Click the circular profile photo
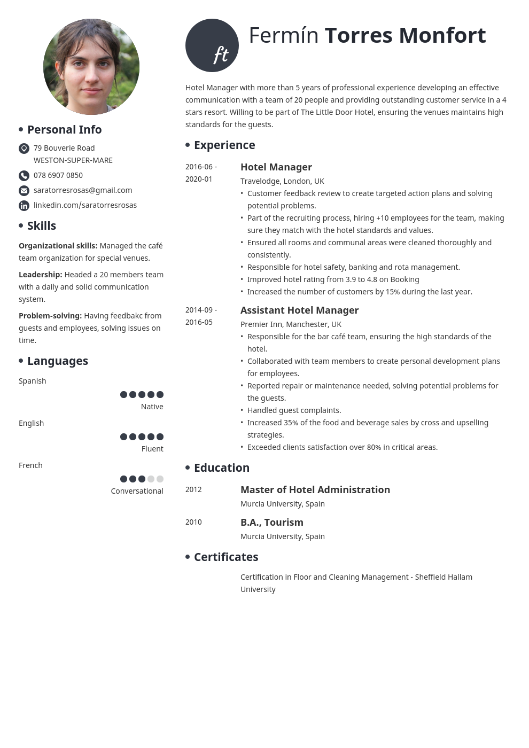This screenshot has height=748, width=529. tap(91, 67)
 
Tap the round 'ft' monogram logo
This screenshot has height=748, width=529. tap(212, 45)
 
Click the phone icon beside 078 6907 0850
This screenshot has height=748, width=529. tap(24, 176)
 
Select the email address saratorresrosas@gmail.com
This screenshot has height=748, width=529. tap(83, 190)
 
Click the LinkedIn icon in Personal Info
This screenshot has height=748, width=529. tap(24, 206)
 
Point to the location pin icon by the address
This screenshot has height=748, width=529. tap(24, 149)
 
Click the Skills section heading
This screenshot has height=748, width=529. tap(41, 226)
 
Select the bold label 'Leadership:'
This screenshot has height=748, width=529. tap(41, 275)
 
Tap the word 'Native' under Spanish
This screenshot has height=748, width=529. tap(152, 407)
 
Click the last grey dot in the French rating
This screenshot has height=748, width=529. tap(160, 479)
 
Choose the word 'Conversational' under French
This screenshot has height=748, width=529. tap(137, 491)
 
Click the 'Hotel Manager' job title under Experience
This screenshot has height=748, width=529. tap(276, 167)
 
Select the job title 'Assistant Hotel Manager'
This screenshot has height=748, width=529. tap(299, 310)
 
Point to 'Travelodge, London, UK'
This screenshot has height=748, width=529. tap(282, 181)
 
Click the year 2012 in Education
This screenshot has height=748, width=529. tap(193, 490)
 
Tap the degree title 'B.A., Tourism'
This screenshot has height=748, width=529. tap(271, 523)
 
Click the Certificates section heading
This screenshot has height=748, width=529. tap(225, 557)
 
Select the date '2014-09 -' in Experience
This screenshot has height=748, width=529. tap(201, 310)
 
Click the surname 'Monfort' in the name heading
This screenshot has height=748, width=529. tap(442, 36)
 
